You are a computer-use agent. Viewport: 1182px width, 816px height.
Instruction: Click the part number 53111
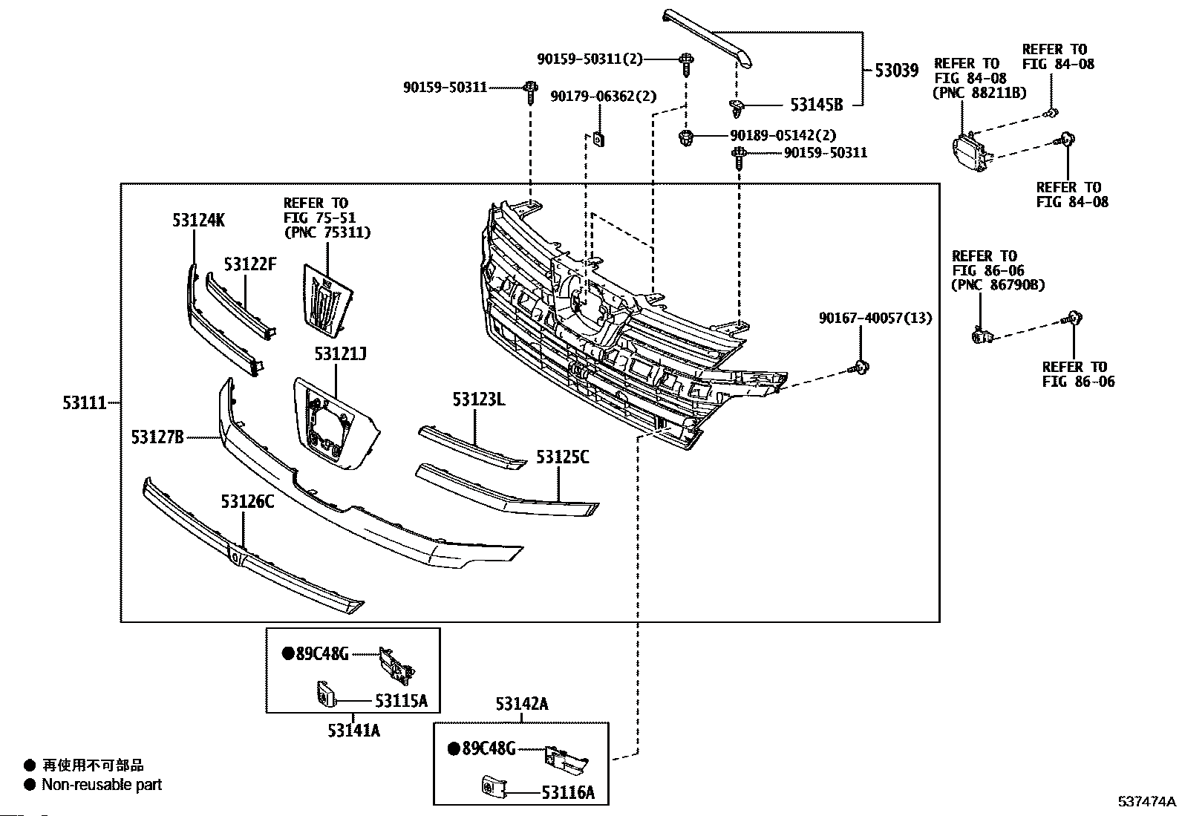tap(85, 403)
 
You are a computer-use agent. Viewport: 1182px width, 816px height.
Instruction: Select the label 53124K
tap(198, 220)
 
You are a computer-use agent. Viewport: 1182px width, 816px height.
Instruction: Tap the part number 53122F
tap(250, 264)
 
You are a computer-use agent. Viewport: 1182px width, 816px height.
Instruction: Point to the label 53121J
tap(340, 353)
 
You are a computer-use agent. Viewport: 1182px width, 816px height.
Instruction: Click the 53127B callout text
tap(157, 437)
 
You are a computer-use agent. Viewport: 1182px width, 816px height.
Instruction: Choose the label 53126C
tap(247, 501)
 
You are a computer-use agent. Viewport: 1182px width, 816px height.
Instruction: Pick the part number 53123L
tap(479, 399)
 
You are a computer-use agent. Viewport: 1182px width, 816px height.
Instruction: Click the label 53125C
tap(563, 457)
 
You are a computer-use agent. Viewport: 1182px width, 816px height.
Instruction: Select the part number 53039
tap(897, 71)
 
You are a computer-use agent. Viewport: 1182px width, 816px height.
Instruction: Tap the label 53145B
tap(816, 105)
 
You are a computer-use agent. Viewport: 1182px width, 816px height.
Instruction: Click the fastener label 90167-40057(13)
tap(875, 318)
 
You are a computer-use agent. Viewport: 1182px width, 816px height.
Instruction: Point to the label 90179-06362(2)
tap(603, 96)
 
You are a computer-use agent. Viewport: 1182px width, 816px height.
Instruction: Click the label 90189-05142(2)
tap(783, 135)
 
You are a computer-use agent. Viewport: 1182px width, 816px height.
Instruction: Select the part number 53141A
tap(353, 731)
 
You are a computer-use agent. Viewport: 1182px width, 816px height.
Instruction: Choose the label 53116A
tap(568, 792)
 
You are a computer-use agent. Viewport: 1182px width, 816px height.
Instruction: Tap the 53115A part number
tap(401, 701)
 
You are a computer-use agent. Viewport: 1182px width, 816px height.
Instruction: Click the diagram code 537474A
tap(1146, 801)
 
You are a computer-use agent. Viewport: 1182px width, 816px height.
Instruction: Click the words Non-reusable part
tap(102, 785)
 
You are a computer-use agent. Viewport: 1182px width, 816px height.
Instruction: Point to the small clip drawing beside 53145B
tap(737, 108)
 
